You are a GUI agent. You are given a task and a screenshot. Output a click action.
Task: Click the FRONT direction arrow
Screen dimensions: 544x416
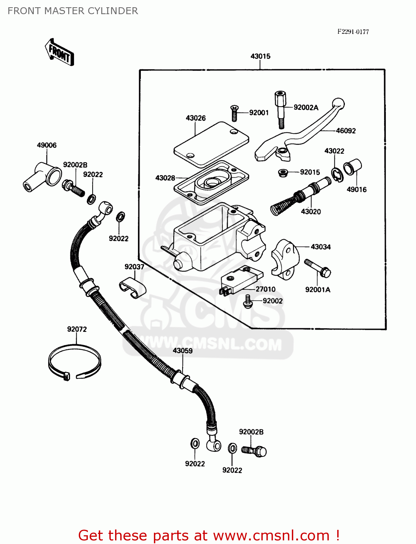coord(59,52)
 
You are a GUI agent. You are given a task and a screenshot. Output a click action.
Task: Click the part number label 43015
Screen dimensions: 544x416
coord(260,56)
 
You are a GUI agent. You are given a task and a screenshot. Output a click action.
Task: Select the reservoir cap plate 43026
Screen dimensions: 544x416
coord(211,144)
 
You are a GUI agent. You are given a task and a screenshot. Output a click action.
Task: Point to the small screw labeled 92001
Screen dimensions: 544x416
coord(234,113)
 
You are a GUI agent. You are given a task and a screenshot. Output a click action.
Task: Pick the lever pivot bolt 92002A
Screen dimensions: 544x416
coord(280,109)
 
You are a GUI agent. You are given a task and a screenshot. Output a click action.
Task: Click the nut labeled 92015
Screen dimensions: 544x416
coord(283,173)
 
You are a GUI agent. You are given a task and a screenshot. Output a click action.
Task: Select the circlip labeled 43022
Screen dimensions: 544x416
coord(338,175)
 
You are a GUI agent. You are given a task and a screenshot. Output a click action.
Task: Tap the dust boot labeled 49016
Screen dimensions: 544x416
coord(352,167)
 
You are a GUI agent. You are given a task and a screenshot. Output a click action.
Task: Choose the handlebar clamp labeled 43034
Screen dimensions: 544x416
coord(285,259)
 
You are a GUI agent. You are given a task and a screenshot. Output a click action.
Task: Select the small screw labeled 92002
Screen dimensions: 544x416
coord(248,302)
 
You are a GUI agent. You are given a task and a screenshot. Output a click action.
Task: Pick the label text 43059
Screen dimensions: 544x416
coord(183,351)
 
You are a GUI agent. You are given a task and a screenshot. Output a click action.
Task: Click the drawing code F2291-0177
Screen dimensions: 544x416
coord(353,32)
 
